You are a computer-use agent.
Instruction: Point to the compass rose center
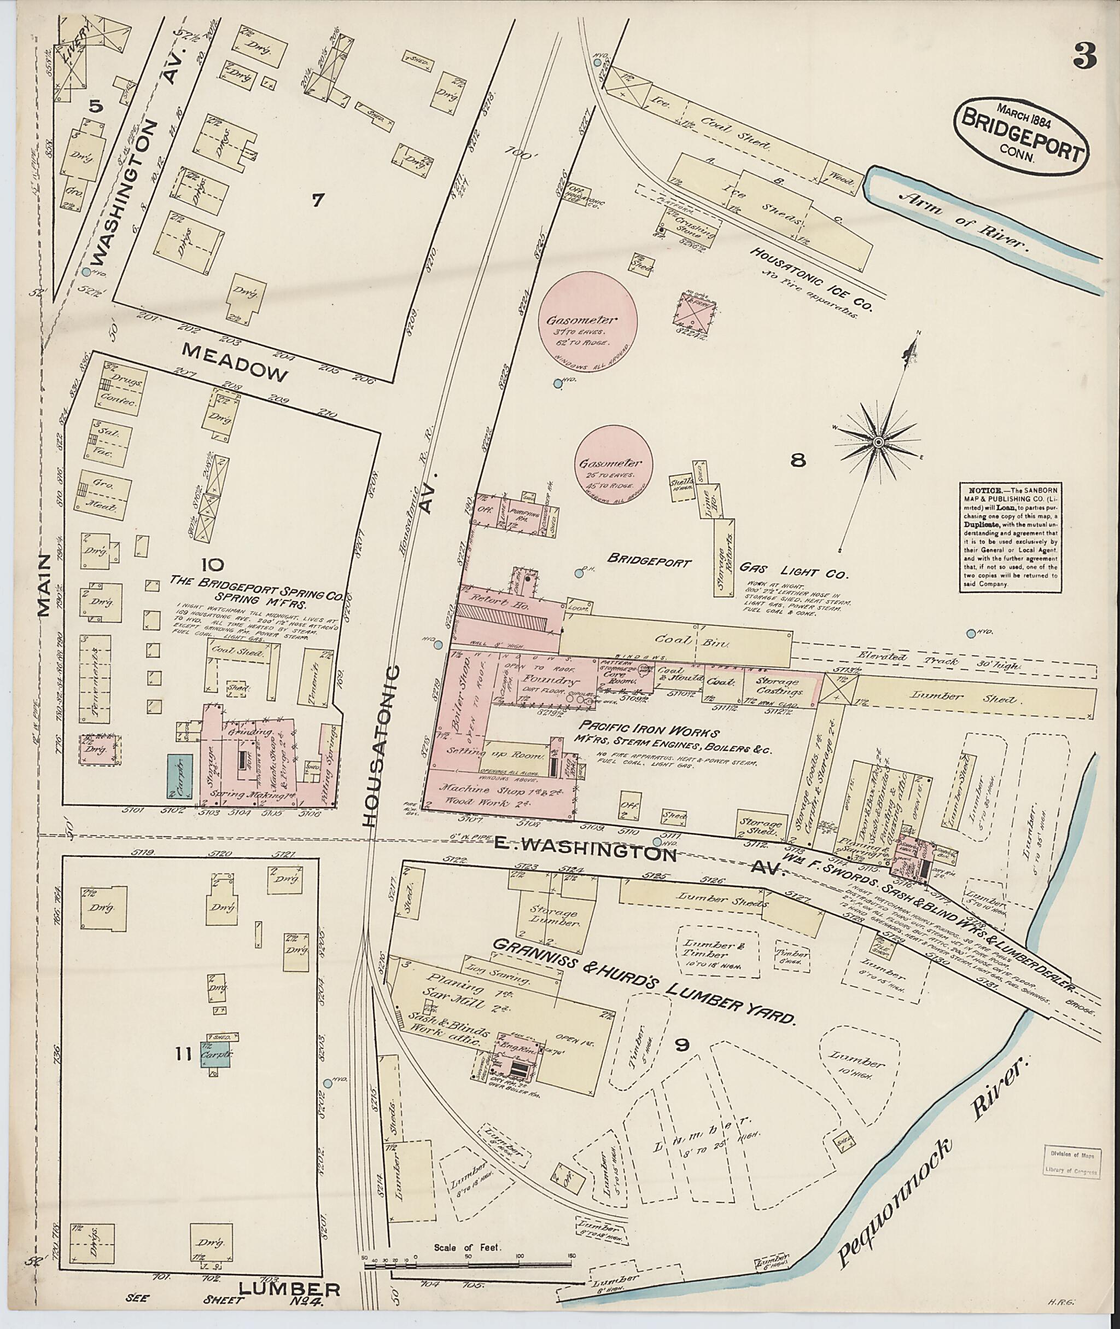(x=879, y=442)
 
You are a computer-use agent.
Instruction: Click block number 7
(x=317, y=201)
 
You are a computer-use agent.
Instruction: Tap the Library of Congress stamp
(x=1072, y=1163)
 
